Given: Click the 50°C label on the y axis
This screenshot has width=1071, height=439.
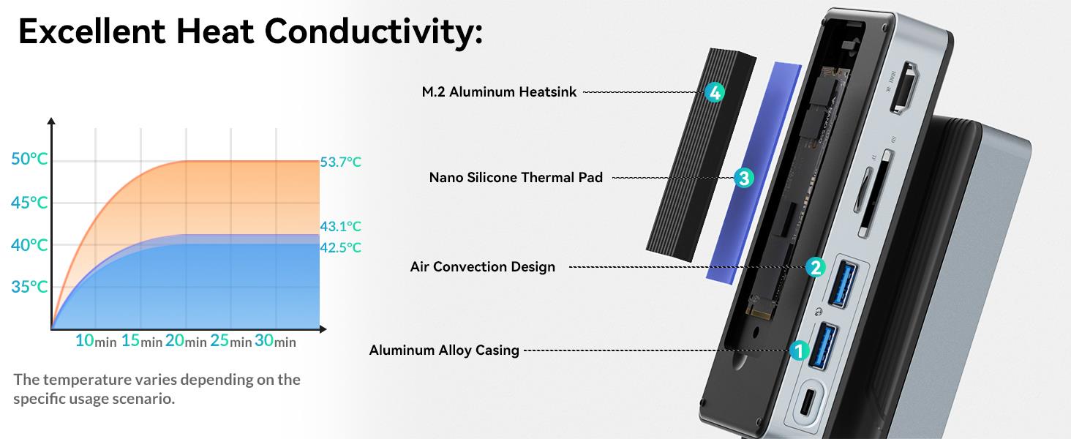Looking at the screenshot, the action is pos(30,159).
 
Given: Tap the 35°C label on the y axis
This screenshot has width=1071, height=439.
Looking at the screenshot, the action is pos(30,287).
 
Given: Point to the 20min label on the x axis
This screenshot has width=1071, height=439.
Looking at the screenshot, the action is pos(186,340).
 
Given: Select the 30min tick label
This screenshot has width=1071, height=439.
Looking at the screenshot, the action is pos(275,340).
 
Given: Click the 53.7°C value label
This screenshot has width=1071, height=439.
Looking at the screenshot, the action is pos(340,162).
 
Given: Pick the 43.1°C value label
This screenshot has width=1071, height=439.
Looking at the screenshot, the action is pos(340,226).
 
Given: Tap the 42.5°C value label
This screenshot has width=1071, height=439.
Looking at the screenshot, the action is pos(340,248).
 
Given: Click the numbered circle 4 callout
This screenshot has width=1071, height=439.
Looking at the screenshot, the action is pos(715,92).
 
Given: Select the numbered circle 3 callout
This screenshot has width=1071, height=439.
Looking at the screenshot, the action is pos(744,178).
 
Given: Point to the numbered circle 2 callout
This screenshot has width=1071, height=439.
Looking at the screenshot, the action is pos(816,267).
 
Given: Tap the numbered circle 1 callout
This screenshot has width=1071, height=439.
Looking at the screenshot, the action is pos(799,350).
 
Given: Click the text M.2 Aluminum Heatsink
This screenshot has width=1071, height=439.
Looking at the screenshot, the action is pos(499,91).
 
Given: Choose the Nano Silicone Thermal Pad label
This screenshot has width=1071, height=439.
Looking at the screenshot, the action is pos(516,177).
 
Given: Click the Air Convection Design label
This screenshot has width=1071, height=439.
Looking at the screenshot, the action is pos(482,267).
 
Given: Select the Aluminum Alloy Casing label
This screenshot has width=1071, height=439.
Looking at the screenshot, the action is pos(444,350).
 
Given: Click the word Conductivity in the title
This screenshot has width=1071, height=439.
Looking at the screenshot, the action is pos(373,31).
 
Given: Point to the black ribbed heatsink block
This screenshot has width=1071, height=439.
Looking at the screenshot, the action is pos(701,154).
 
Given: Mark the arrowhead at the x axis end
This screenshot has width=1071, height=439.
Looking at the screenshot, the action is pos(323,329).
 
